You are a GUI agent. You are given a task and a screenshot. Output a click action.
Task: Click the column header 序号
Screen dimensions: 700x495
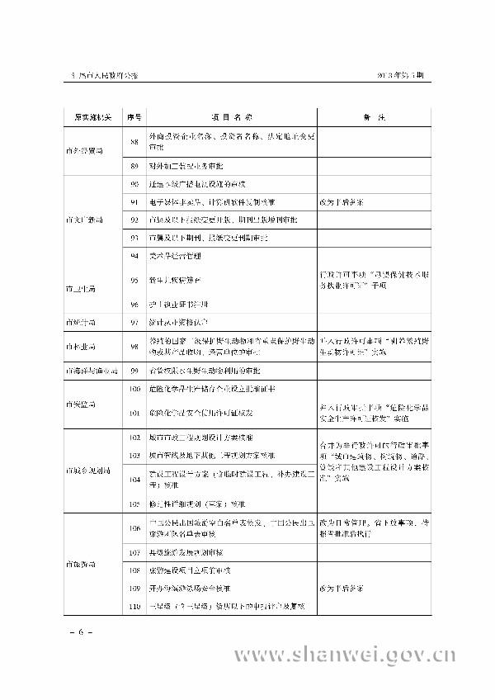point(134,119)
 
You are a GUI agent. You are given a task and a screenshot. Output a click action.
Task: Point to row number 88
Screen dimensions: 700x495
point(134,142)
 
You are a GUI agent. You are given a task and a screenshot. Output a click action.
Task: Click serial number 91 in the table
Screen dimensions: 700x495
point(134,201)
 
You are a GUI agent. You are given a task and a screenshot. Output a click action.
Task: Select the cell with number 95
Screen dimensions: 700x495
point(134,281)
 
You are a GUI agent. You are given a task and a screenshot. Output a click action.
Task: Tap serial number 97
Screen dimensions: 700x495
point(134,323)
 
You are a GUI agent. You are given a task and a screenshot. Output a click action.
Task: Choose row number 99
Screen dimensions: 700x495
point(134,372)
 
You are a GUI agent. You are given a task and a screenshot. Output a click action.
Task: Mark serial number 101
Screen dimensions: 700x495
point(134,412)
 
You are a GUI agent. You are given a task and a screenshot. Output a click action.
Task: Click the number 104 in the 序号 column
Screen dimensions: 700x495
point(134,478)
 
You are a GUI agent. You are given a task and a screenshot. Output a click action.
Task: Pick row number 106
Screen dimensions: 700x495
point(134,528)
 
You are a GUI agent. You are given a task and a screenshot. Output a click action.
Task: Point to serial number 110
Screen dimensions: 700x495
point(134,606)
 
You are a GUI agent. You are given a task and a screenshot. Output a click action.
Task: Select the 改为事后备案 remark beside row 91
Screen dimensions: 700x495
point(340,201)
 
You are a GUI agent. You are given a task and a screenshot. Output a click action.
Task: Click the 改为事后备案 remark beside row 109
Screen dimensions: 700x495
point(340,589)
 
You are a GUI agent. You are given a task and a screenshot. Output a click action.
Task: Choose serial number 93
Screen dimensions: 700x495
point(134,238)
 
